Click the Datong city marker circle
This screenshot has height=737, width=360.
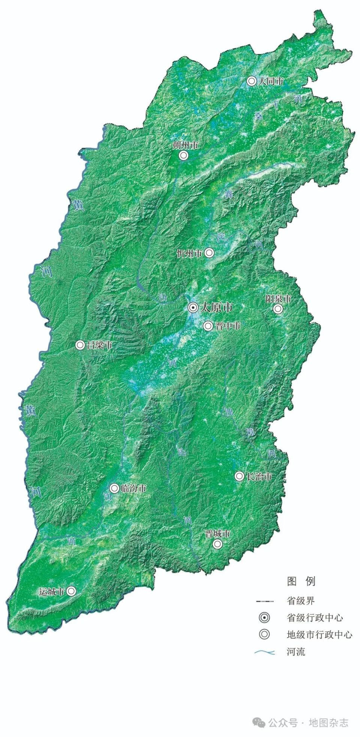(251, 81)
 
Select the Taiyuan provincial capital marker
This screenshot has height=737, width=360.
(193, 308)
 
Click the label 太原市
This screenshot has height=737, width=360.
(216, 308)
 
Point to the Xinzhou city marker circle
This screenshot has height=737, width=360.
(209, 253)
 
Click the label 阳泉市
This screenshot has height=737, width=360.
(278, 299)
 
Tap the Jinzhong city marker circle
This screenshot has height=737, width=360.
(208, 326)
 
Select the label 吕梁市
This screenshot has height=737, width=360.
(99, 345)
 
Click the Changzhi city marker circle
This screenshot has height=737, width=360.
(239, 476)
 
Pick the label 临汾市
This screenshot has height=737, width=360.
(133, 488)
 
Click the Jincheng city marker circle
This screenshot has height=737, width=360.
(217, 544)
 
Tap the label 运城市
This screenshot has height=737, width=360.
(52, 592)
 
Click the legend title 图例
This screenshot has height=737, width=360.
(301, 581)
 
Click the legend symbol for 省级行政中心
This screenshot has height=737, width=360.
(264, 618)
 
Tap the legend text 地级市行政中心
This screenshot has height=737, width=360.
(319, 635)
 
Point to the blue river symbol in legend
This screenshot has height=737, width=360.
(265, 652)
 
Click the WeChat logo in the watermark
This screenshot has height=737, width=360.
(259, 723)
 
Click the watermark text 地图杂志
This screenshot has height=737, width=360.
(328, 723)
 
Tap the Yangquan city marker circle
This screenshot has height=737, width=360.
(277, 309)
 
